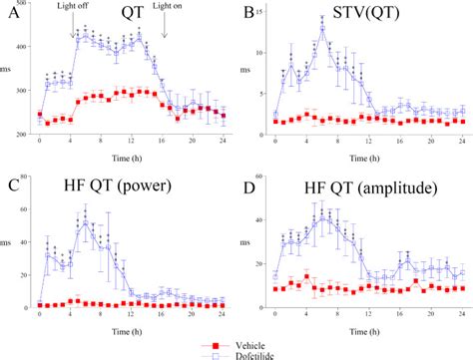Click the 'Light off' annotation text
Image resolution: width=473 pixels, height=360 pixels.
pos(77,7)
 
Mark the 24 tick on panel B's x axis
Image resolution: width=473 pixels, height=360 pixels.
pos(462,143)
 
